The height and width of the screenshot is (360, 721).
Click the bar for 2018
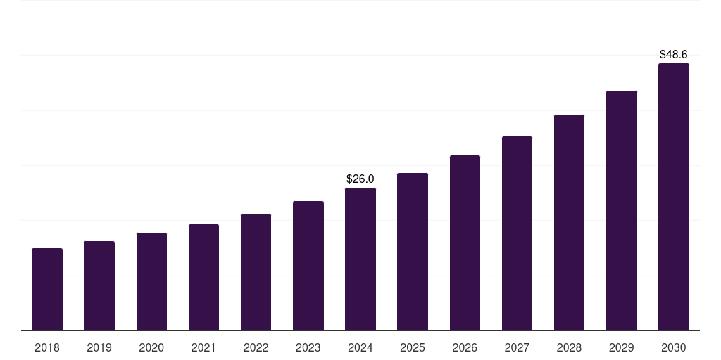coord(47,289)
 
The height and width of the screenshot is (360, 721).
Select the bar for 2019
coord(99,285)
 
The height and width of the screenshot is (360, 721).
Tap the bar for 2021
coord(203,277)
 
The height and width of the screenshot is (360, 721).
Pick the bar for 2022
coord(256,272)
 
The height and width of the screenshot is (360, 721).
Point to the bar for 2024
coord(360,259)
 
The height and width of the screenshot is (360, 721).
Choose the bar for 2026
coord(465,243)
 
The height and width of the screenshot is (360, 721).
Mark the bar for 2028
coord(569,222)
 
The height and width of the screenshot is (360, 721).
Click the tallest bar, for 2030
coord(673,197)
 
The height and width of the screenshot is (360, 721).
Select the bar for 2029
coord(621,210)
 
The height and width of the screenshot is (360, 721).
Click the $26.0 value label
coord(360,179)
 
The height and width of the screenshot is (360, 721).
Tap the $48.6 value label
coord(673,54)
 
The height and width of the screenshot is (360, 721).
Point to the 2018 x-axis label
coord(47,347)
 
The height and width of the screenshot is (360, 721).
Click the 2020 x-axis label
coord(151,347)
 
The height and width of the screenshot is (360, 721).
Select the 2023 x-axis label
coord(308,347)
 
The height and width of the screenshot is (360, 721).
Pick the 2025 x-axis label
coord(413,347)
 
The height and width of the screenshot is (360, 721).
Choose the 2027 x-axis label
coord(517,347)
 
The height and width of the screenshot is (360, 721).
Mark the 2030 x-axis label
coord(673,347)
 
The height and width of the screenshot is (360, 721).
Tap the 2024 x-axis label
coord(360,347)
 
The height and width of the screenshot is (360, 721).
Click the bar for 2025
coord(413,252)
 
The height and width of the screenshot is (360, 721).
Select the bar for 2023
coord(308,266)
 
